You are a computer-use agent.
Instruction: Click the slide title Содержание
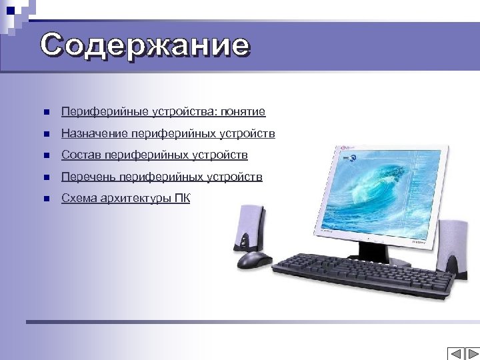pos(145,45)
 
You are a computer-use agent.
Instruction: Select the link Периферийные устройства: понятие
pos(163,112)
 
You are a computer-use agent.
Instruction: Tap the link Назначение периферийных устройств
pos(168,134)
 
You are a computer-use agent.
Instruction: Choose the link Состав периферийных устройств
pos(154,155)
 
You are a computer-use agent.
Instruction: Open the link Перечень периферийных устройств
pos(161,177)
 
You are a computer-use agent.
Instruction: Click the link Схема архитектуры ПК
pos(125,198)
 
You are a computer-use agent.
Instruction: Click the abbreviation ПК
pos(182,198)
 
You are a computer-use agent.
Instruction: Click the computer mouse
pos(254,259)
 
